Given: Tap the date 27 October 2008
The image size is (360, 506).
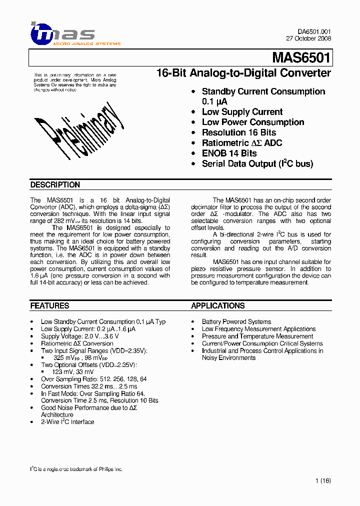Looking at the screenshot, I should point(308,38).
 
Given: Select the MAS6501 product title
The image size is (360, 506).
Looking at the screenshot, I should point(301,58).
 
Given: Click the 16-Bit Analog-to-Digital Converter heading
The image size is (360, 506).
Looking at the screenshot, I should point(243,73).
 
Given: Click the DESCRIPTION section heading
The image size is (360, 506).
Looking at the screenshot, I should point(55,185).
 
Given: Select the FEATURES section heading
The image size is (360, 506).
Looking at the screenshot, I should point(49,305).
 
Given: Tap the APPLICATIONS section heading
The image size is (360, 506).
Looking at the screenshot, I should point(218,305).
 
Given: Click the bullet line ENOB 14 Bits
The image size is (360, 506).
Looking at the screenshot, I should point(229,153).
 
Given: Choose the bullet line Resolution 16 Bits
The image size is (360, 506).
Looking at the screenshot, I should point(238,132).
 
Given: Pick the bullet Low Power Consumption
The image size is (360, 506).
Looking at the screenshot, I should point(252,122).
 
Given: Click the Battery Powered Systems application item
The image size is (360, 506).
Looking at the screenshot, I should point(236,321).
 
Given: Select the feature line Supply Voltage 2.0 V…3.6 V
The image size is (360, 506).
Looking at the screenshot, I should point(79,336).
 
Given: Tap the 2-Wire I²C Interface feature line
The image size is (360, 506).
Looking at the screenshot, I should point(67,422).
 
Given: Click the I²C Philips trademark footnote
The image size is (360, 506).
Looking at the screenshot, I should point(76,469).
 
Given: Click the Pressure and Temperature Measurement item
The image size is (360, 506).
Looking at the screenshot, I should point(257,336).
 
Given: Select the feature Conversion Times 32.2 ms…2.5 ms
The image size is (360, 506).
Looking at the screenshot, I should point(88,386).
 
